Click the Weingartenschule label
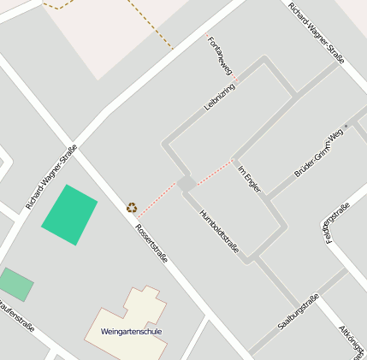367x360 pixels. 130,331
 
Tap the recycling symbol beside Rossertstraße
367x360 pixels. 132,207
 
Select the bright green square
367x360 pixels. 69,215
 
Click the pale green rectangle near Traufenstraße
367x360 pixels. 15,284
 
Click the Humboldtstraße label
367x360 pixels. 218,232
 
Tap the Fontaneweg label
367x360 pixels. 220,54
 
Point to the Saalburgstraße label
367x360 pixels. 298,312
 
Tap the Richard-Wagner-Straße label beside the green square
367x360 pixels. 51,177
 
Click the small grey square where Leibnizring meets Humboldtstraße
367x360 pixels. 186,184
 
